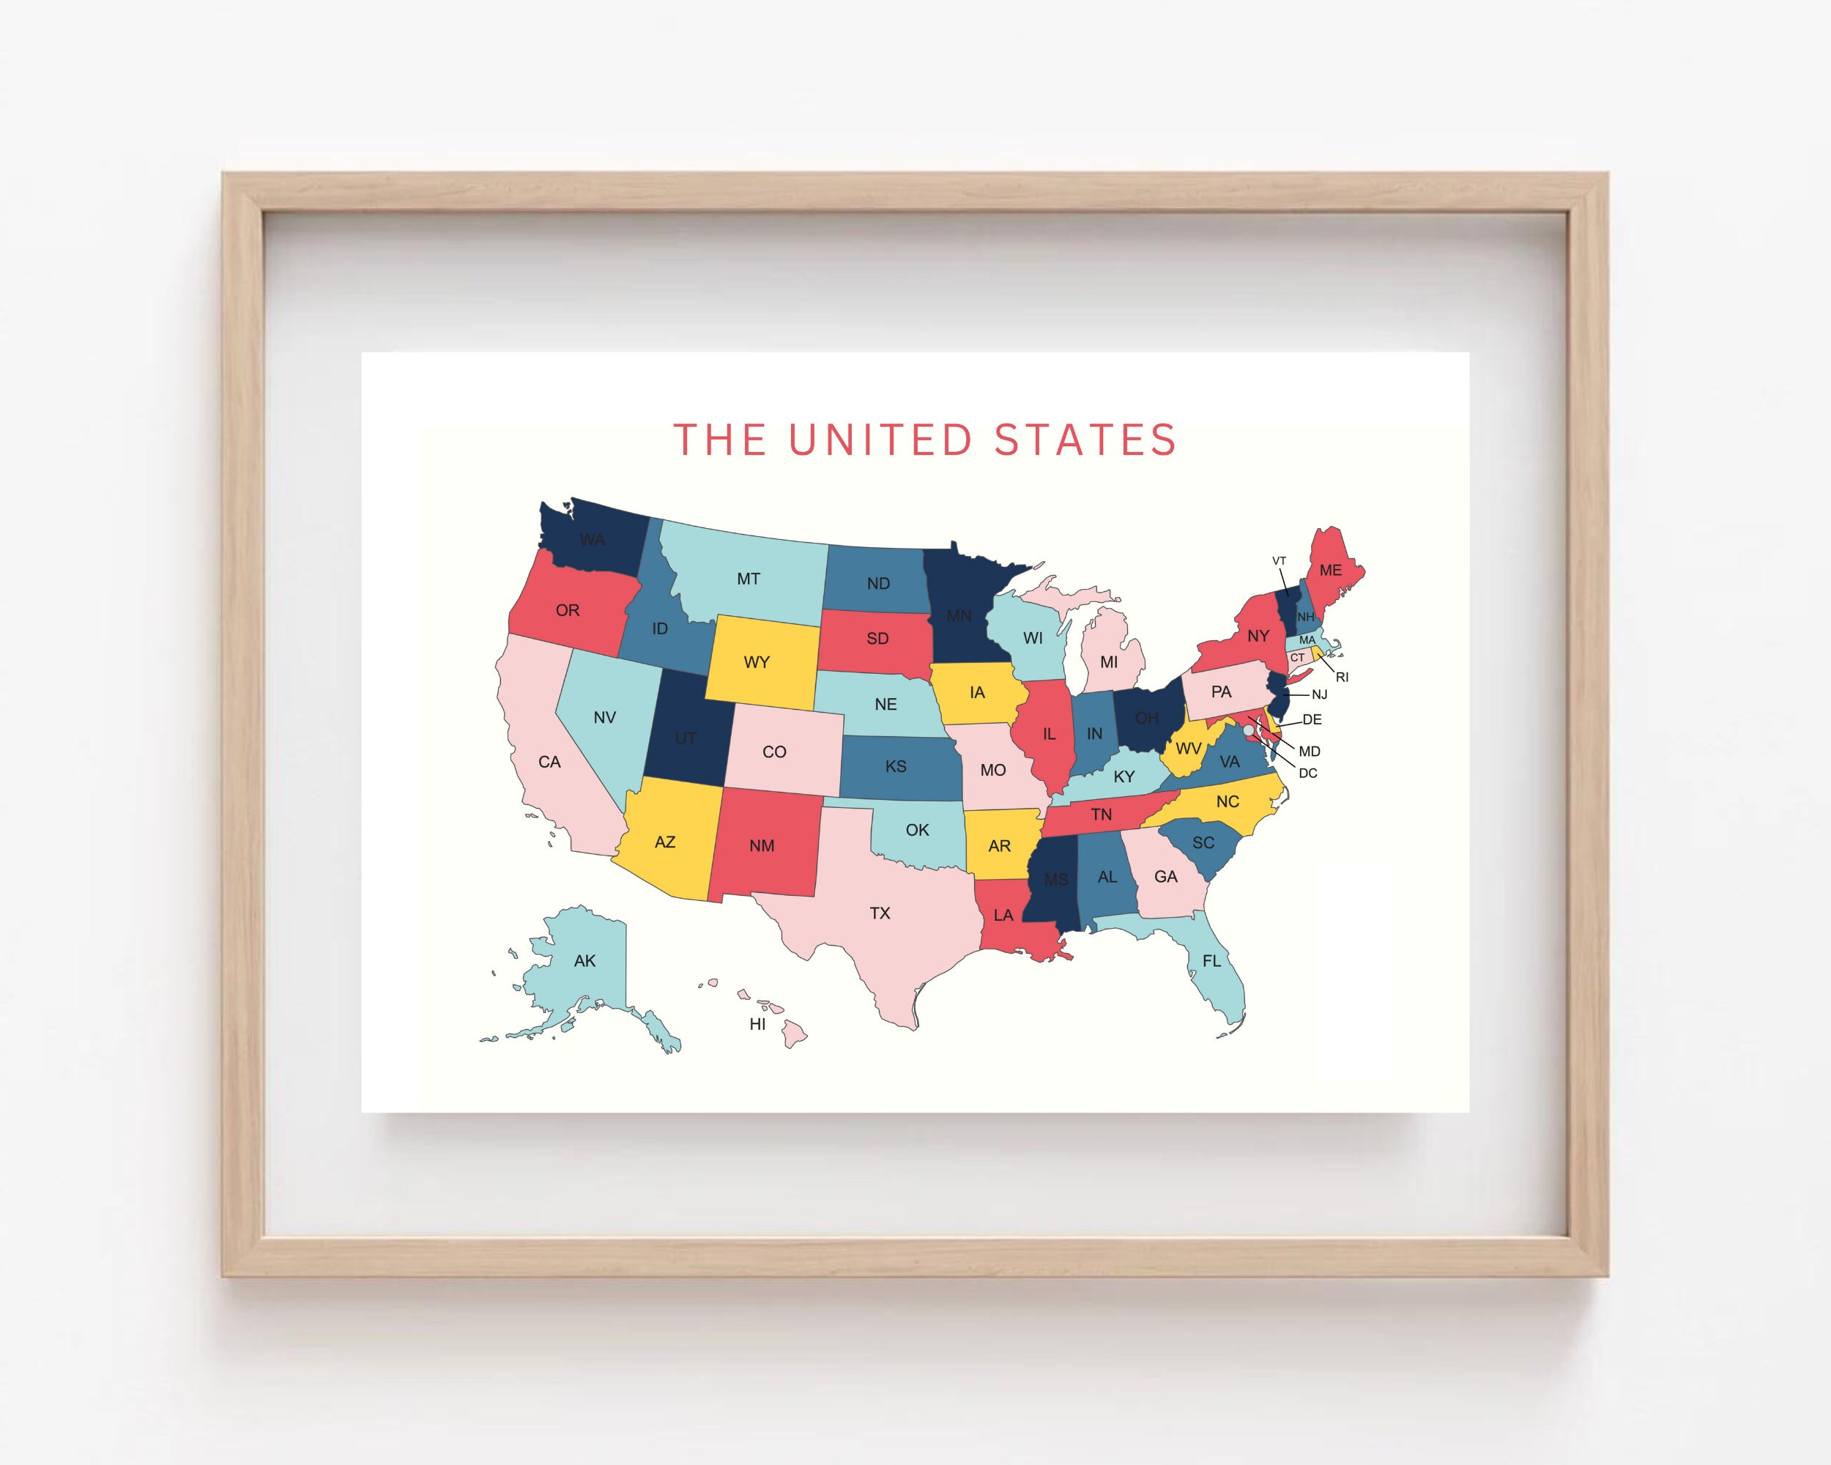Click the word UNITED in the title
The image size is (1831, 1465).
coord(880,440)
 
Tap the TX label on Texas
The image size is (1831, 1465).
coord(880,913)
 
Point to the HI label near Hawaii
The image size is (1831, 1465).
coord(757,1024)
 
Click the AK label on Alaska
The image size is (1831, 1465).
coord(584,960)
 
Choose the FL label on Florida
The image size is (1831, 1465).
coord(1211,960)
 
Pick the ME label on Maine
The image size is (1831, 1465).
coord(1330,570)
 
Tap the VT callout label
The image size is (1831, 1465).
coord(1279,560)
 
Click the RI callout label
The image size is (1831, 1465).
coord(1342,677)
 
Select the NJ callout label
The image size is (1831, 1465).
coord(1319,694)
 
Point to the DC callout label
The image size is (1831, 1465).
coord(1308,773)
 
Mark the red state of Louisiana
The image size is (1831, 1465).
coord(1011,926)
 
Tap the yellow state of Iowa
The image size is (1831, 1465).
coord(976,692)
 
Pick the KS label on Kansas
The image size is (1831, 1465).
coord(896,766)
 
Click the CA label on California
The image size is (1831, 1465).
coord(549,762)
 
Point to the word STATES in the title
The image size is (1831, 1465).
coord(1085,440)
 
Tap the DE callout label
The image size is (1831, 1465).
coord(1312,719)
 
